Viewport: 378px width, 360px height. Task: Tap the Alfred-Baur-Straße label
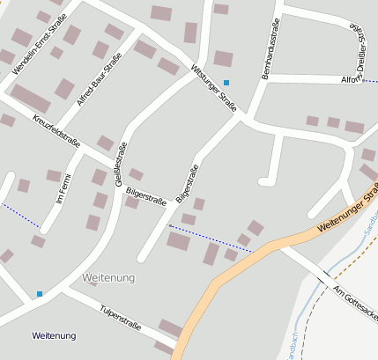pos(99,80)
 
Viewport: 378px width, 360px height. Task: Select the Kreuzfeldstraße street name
pos(56,129)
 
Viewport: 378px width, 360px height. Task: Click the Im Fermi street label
pos(63,187)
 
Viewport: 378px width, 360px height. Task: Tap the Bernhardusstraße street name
pos(271,48)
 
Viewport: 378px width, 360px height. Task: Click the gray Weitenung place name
pos(108,278)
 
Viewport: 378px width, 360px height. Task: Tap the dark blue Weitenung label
pos(54,335)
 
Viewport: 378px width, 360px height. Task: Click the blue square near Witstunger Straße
pos(226,82)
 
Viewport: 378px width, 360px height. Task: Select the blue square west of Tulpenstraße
pos(39,293)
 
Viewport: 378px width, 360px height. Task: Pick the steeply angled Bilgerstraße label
pos(187,184)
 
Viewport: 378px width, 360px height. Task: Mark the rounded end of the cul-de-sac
pos(264,182)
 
